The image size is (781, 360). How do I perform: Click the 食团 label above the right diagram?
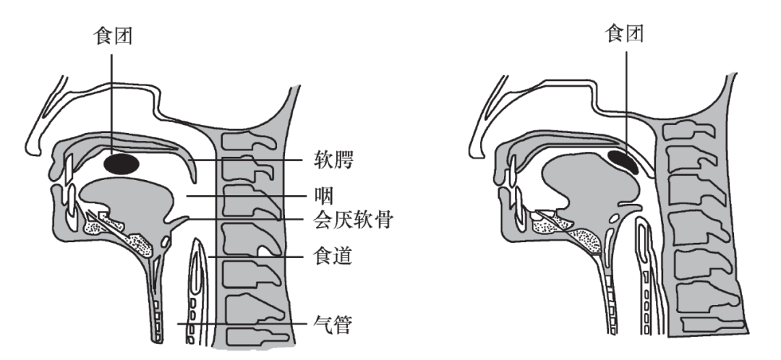click(x=626, y=33)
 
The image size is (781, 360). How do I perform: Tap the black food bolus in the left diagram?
click(x=121, y=163)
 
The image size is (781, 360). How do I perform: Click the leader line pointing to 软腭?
click(x=253, y=160)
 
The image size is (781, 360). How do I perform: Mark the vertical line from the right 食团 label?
click(x=626, y=94)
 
